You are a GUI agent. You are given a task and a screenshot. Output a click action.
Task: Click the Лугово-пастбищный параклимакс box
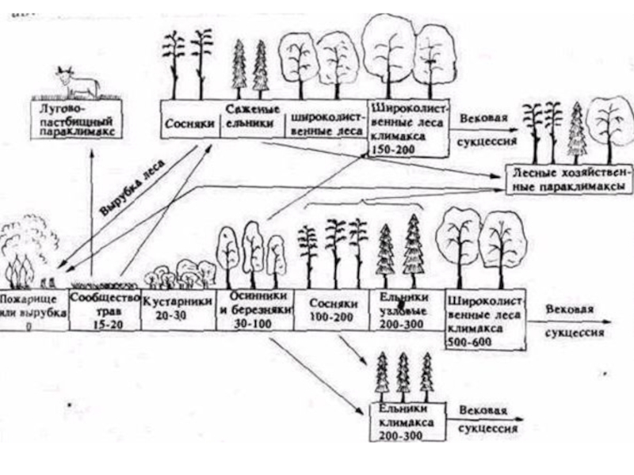coord(75,120)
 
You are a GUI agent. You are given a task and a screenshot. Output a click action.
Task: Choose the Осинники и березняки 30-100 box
coord(254,309)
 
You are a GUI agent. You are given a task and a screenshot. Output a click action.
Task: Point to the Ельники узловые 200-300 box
coord(405,309)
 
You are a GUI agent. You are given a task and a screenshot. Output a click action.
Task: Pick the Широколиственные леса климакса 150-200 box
coord(407,127)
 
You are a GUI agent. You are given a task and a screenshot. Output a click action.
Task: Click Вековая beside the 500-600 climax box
coord(564,310)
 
